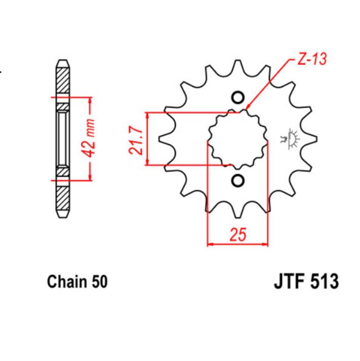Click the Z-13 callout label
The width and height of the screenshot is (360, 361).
pos(310,59)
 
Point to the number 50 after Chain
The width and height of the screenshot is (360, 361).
pos(100,282)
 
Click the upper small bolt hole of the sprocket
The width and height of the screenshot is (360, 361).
pos(237,97)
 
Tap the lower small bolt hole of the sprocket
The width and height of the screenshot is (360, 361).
pos(237,181)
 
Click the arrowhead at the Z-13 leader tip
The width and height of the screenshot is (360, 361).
pos(249,108)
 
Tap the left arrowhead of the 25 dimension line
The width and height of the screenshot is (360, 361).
pos(210,245)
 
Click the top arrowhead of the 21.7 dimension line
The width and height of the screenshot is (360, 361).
pos(147,115)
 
